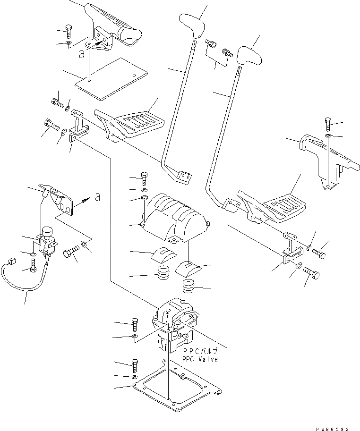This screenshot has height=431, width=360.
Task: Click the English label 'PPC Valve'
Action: pos(200,359)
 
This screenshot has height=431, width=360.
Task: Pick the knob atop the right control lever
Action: pos(249,56)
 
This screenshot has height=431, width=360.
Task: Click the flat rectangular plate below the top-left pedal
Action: pos(111,78)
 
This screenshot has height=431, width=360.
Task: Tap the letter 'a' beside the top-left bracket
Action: pos(82,54)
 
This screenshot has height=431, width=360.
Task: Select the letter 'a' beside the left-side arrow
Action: pos(97,197)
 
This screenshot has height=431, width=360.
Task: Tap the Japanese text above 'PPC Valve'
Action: pos(200,352)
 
